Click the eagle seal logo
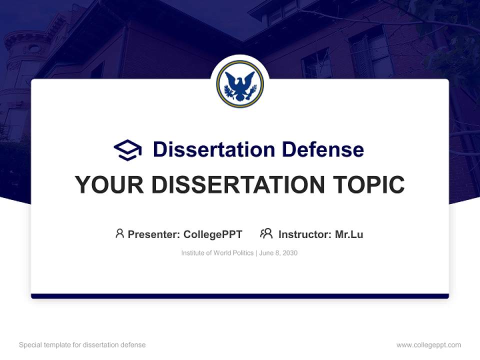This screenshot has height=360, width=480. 240,84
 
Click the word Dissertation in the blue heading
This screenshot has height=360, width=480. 213,149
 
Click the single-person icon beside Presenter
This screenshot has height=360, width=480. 119,233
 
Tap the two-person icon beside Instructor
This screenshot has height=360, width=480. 266,233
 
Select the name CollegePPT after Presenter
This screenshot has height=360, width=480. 212,234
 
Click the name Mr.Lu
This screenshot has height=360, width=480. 349,234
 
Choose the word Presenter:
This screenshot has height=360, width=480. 154,234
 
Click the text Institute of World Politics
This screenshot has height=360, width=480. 217,253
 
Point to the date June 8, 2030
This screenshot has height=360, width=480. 278,253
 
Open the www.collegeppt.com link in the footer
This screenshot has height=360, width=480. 428,345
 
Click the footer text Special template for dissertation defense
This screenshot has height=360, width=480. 82,345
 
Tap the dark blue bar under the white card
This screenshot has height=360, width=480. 240,296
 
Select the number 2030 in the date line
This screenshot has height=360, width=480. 289,253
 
